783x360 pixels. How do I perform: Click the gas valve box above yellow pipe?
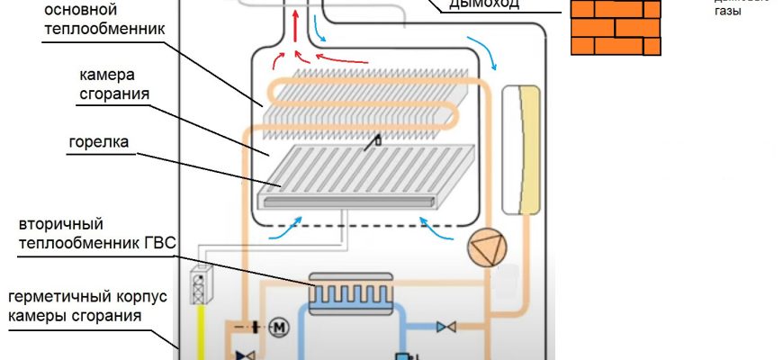coord(200,285)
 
